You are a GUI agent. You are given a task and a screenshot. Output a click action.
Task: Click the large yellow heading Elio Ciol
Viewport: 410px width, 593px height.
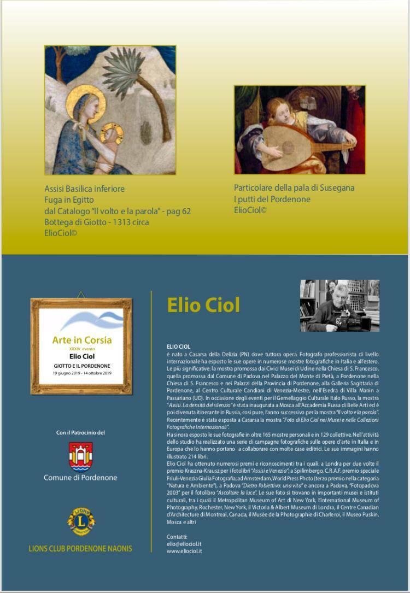203,305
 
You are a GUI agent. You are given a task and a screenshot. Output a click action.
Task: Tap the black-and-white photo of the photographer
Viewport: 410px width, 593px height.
339,306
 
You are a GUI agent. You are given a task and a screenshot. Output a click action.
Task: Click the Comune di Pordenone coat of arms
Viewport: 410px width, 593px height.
80,456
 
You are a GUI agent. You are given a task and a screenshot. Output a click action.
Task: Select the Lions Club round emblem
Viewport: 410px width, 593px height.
81,521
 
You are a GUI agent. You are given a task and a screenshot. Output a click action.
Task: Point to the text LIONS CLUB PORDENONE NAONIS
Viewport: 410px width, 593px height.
80,548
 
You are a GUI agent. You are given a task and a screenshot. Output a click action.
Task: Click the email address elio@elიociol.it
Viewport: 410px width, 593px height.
184,544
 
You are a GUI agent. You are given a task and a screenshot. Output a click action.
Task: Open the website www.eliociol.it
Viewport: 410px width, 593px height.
184,551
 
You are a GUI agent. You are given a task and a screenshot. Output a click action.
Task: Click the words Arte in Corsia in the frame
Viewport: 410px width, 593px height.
82,340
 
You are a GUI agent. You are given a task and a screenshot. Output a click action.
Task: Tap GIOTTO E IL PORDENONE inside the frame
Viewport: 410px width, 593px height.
82,365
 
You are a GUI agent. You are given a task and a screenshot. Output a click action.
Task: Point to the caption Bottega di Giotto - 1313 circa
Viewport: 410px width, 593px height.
97,222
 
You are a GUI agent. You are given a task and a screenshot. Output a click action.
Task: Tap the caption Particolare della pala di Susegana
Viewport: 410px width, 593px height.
294,187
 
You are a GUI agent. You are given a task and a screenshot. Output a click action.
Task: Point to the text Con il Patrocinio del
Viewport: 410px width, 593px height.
80,433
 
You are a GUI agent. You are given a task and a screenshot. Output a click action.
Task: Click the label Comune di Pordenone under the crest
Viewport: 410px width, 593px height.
80,478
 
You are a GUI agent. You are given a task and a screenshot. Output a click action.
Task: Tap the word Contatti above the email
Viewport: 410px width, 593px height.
177,537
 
